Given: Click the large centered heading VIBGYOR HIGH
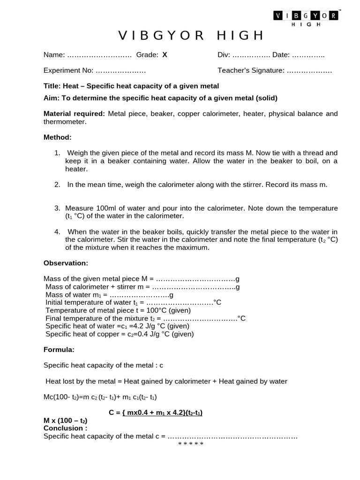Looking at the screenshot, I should (191, 36).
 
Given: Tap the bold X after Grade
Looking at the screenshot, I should (165, 55).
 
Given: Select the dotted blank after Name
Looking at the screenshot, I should (99, 55).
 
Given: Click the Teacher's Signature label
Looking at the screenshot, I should (251, 70).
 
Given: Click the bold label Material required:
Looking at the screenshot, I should (74, 113).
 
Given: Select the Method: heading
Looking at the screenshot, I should (58, 137).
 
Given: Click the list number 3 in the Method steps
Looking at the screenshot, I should (57, 208).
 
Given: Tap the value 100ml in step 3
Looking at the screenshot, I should (102, 208).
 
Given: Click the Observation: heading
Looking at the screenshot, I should (66, 263).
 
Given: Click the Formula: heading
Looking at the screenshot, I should (59, 349).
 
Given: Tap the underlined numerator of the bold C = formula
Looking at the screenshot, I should (162, 412).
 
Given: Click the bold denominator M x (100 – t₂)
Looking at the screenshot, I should (65, 420).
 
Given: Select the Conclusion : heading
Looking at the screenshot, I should (66, 428).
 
